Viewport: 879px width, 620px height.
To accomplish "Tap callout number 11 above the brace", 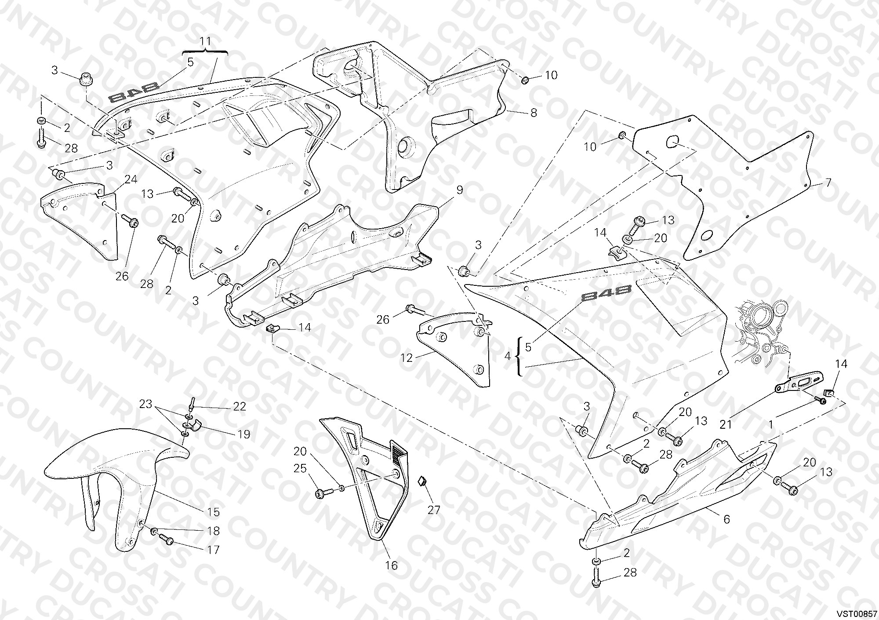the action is pos(206,41).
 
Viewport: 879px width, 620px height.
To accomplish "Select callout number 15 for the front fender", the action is pos(214,512).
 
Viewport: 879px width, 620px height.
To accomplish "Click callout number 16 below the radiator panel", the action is pos(392,565).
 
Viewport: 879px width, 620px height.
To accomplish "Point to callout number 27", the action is pos(434,510).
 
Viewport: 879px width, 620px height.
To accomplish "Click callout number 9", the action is pos(460,190).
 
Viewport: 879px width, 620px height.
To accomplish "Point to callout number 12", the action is pos(407,358).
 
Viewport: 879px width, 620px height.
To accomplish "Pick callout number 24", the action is pos(131,179).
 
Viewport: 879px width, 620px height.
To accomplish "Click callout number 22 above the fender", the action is pos(239,406).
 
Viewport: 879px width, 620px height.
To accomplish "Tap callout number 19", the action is pos(243,434).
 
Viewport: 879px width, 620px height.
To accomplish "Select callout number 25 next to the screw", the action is pos(300,469).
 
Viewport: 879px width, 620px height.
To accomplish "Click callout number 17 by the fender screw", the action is pos(213,550).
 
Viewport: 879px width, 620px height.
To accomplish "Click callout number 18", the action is pos(213,531).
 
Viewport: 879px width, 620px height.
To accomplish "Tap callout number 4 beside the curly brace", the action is pos(508,356).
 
